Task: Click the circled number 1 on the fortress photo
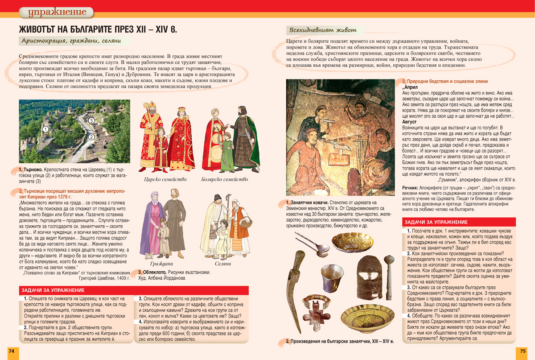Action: pos(45,129)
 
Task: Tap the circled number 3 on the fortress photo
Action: pos(91,120)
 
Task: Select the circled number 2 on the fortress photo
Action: pos(91,137)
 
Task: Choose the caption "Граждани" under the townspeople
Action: pos(156,264)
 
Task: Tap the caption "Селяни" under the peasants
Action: pos(223,264)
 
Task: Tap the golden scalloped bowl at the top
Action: pos(346,242)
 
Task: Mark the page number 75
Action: pos(523,351)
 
